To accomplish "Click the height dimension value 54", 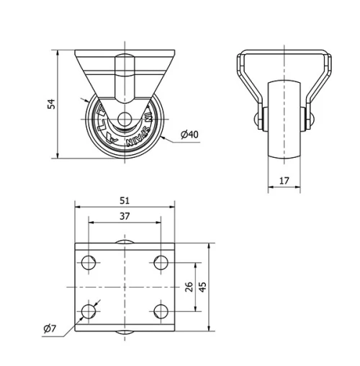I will (x=51, y=104).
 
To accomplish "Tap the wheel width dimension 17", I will (x=284, y=181).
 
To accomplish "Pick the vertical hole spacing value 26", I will (x=189, y=287).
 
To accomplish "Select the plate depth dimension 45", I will (x=203, y=287).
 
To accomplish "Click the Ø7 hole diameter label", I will (x=50, y=329).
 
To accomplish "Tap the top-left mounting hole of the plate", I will (x=89, y=263).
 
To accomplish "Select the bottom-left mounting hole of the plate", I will (x=89, y=311).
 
